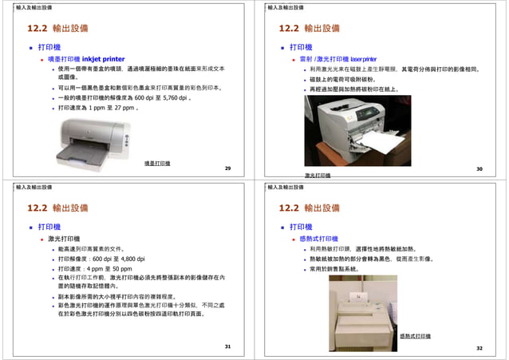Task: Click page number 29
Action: (x=228, y=169)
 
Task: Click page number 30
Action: (x=480, y=169)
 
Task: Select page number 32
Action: (x=480, y=348)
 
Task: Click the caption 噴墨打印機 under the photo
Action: (x=156, y=164)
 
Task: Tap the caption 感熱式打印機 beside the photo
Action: (x=415, y=337)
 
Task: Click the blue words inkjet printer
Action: (x=104, y=58)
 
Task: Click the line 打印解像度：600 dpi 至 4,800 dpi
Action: (x=101, y=259)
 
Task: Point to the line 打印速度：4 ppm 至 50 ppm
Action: (x=95, y=269)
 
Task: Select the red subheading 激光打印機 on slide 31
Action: (x=65, y=238)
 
